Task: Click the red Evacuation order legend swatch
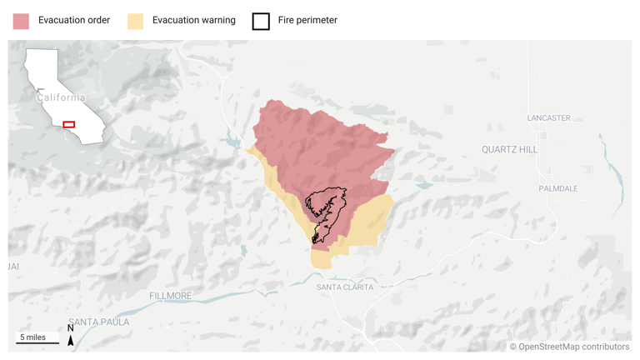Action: [21, 21]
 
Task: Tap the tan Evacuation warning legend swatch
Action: [135, 21]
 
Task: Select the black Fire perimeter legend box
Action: [261, 21]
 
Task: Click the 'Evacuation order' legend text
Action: [74, 20]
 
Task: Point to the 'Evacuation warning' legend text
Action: [193, 20]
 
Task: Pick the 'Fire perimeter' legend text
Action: [307, 20]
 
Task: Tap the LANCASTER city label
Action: [548, 118]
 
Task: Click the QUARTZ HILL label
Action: [510, 150]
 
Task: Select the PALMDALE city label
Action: [557, 188]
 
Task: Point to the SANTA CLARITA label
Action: [345, 287]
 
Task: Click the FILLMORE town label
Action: [170, 296]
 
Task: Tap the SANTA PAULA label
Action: [98, 322]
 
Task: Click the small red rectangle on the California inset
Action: [69, 125]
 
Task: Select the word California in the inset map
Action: [61, 97]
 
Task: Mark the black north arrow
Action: [71, 340]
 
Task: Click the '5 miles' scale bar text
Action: [33, 337]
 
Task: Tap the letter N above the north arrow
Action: [71, 328]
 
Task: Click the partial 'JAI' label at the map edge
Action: [12, 267]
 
